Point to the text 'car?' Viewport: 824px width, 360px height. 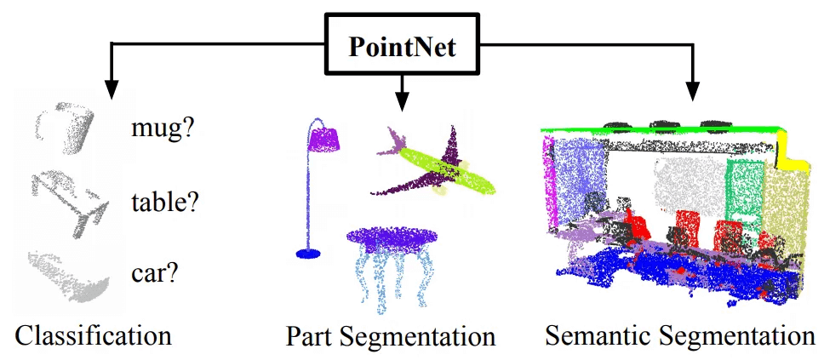coord(155,273)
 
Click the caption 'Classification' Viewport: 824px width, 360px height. coord(93,334)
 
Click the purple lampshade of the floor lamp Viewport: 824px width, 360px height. coord(324,137)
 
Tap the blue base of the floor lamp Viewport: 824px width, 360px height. coord(307,253)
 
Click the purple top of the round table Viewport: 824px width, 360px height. coord(391,237)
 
